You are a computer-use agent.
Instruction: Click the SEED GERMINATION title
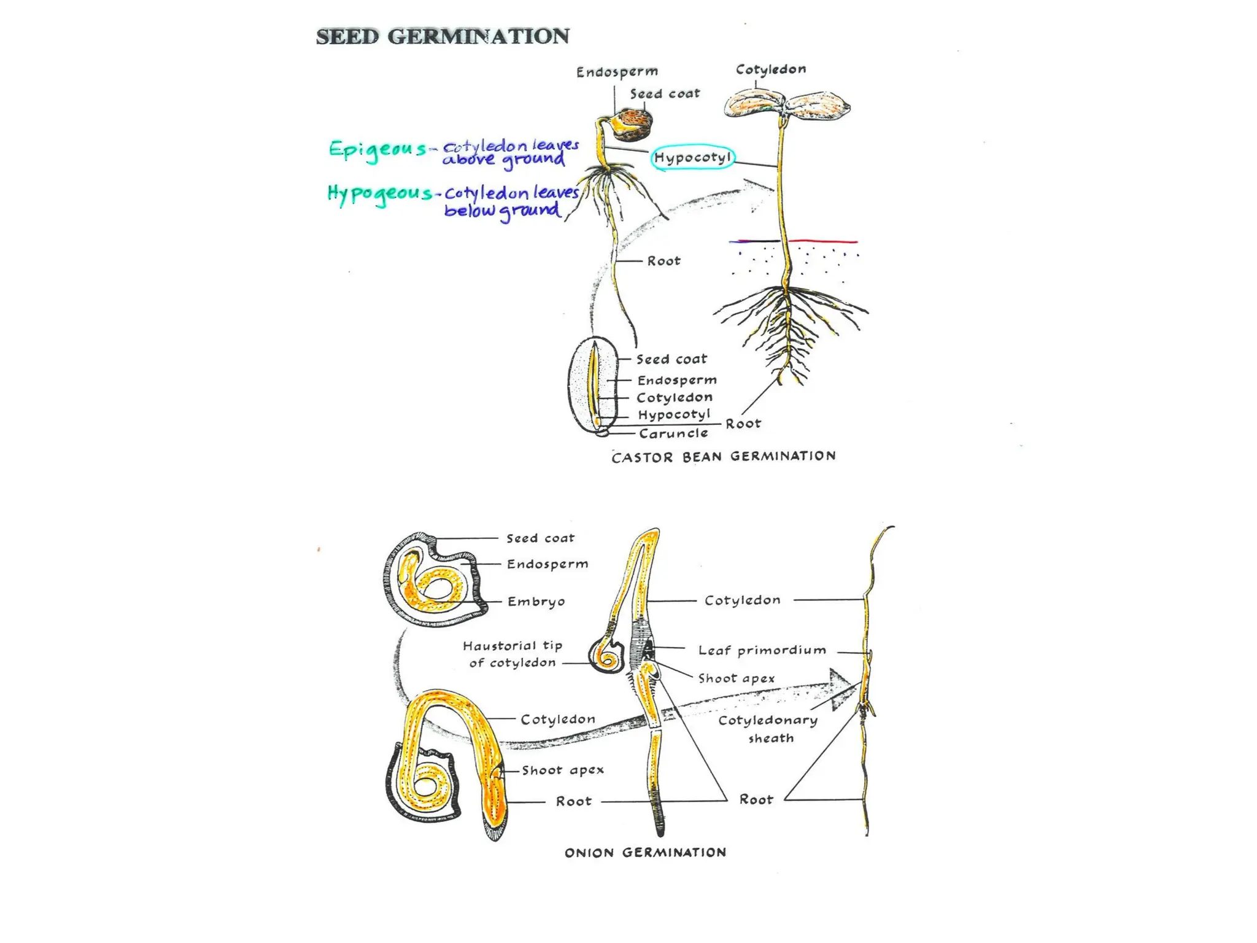point(443,36)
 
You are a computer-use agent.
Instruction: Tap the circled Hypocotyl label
point(692,158)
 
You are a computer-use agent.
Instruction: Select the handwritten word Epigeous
point(377,150)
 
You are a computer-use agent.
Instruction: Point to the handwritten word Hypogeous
point(380,194)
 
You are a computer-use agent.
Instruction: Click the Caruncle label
point(673,433)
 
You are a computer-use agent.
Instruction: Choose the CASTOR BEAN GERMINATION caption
point(724,456)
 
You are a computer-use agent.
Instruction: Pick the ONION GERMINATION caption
point(645,852)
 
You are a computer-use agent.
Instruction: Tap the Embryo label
point(536,602)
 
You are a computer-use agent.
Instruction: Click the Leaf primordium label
point(762,650)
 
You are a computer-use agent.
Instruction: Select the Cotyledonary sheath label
point(768,729)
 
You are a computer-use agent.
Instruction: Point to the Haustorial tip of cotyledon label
point(512,654)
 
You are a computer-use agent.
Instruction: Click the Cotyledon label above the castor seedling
point(771,69)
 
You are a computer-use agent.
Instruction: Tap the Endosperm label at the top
point(617,72)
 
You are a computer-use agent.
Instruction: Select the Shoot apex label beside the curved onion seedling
point(563,770)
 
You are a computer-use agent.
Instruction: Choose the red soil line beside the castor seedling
point(822,241)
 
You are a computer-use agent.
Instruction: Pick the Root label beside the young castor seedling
point(663,261)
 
